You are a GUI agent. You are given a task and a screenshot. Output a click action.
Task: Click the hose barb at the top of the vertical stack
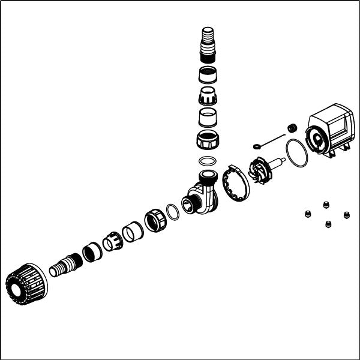click(x=207, y=39)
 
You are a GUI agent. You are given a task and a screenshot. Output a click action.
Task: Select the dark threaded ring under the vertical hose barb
click(x=208, y=74)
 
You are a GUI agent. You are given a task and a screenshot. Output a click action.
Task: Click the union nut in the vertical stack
click(x=208, y=140)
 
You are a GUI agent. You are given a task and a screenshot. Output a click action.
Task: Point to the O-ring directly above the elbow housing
click(x=208, y=161)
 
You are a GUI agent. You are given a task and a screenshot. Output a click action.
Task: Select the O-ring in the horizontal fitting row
click(x=172, y=211)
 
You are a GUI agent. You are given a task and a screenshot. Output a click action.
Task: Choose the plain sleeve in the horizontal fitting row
click(x=132, y=231)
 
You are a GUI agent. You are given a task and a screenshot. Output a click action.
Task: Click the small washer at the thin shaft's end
click(x=256, y=145)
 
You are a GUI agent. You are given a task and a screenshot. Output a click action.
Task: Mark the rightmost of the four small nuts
click(x=346, y=214)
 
